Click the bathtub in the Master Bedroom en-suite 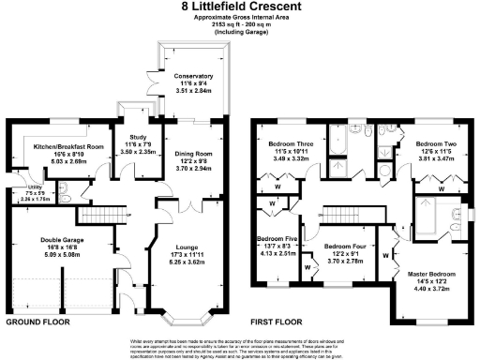tap(429, 218)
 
